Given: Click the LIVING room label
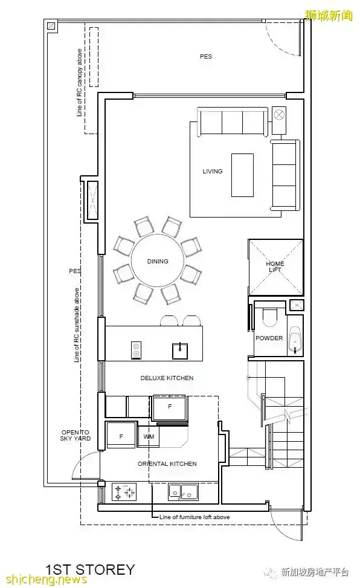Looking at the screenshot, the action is pyautogui.click(x=212, y=172).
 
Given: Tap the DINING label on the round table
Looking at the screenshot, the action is pyautogui.click(x=158, y=262).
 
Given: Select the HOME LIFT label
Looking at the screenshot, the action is pyautogui.click(x=275, y=267).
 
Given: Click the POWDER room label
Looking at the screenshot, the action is pyautogui.click(x=269, y=338).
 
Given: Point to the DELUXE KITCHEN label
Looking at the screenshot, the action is pyautogui.click(x=167, y=378).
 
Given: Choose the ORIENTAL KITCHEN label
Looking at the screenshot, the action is pyautogui.click(x=167, y=464).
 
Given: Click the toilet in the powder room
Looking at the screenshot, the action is pyautogui.click(x=269, y=317).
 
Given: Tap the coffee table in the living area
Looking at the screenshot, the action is pyautogui.click(x=242, y=175).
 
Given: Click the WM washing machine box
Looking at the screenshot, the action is pyautogui.click(x=149, y=436).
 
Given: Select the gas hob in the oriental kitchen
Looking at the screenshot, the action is pyautogui.click(x=124, y=492).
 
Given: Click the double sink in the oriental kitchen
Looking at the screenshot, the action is pyautogui.click(x=183, y=492).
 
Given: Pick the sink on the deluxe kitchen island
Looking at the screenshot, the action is pyautogui.click(x=180, y=351).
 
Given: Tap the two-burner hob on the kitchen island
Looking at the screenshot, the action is pyautogui.click(x=136, y=351).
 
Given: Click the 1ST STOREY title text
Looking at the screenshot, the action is pyautogui.click(x=89, y=569).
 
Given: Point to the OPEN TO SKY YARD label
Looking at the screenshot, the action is pyautogui.click(x=76, y=435).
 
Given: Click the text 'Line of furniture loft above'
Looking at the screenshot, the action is pyautogui.click(x=194, y=517).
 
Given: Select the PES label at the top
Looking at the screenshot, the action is pyautogui.click(x=205, y=57).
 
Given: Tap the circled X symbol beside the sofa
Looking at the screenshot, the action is pyautogui.click(x=279, y=114).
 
